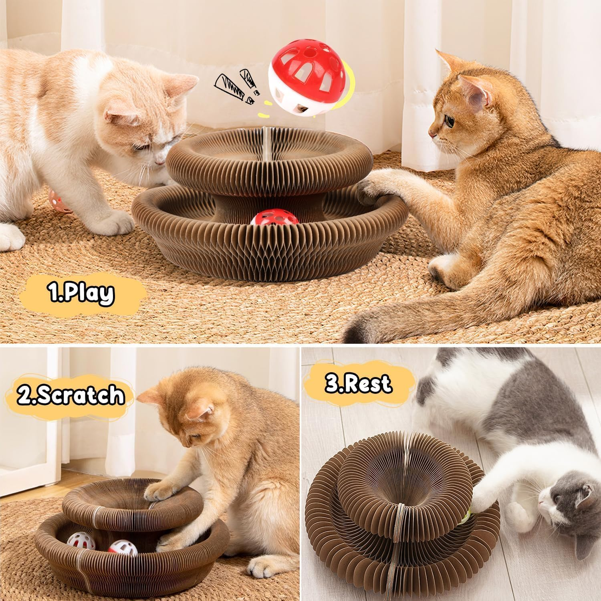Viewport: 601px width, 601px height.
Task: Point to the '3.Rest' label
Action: tap(358, 383)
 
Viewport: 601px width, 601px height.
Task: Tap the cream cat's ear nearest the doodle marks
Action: tap(182, 82)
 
